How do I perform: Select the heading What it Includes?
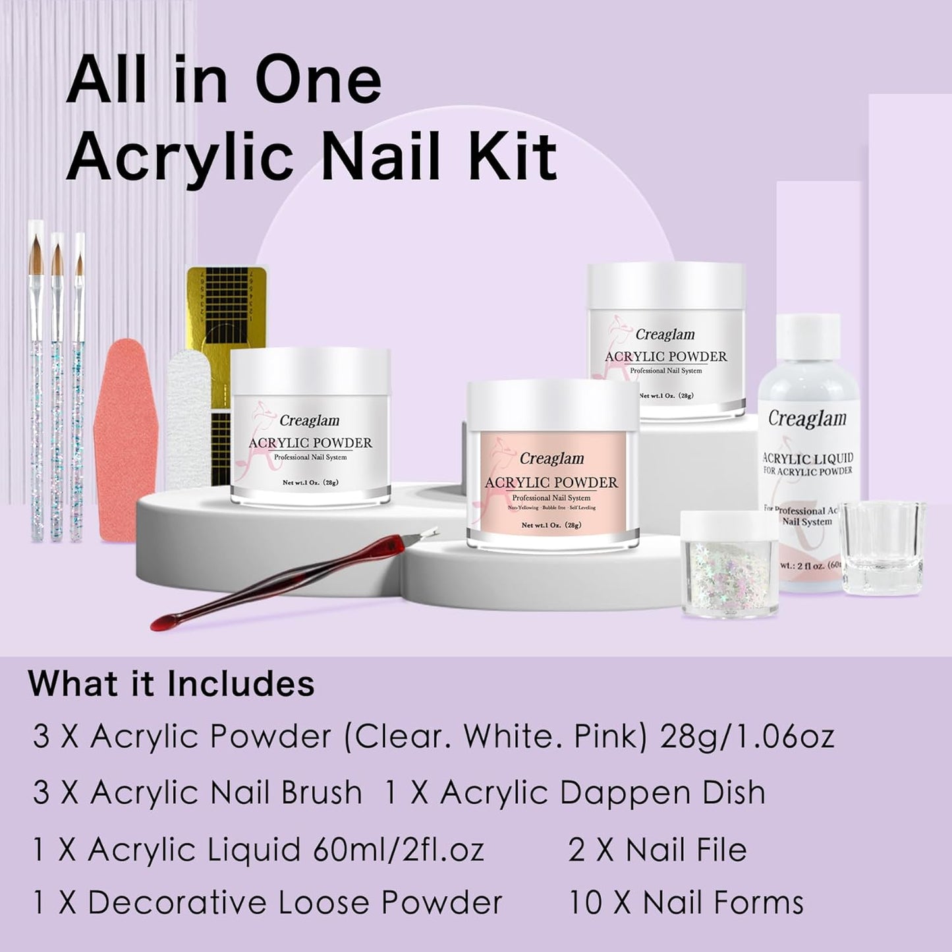click(171, 683)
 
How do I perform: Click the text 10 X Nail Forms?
click(686, 903)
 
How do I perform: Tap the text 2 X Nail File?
click(658, 849)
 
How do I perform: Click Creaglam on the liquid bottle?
click(807, 419)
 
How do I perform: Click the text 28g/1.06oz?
click(746, 737)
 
